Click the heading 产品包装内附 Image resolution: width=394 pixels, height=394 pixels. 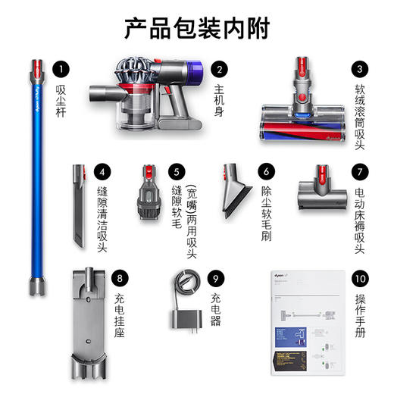196,28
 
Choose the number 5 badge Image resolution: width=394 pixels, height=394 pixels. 178,172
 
